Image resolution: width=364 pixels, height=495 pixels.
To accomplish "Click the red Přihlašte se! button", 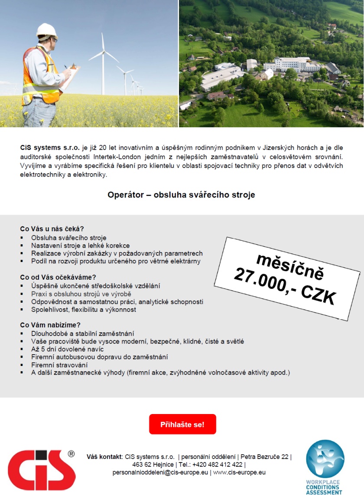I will coord(182,424).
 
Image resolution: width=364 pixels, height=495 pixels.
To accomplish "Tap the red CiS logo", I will coord(42,470).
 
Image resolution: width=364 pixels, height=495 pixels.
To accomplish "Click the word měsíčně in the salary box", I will coord(290,265).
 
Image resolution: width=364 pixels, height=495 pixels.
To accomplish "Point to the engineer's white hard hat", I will coord(47,30).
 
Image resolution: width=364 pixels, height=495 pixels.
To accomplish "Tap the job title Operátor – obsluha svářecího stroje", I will coord(181,195).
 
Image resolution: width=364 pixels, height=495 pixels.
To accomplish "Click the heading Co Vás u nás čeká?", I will coord(52,229).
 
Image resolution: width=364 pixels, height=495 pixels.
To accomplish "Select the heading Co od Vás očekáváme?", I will coord(58,277).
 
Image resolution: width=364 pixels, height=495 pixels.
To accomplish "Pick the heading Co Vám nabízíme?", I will coord(51,325).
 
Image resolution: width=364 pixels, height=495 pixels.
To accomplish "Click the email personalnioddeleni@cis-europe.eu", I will coord(160,472).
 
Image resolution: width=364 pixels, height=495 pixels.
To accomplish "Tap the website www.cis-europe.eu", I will coord(239,472).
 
